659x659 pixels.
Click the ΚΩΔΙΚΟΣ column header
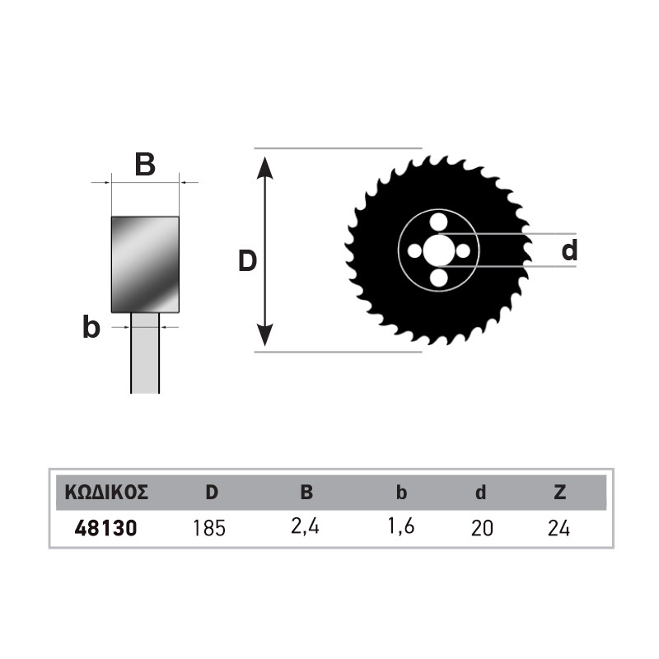(106, 492)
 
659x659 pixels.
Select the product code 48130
(106, 528)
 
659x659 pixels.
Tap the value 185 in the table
(209, 528)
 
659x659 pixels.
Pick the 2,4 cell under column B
(305, 526)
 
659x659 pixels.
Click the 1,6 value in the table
(401, 526)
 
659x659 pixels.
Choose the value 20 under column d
(482, 528)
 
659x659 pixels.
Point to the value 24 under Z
(559, 528)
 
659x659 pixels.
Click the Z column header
(560, 492)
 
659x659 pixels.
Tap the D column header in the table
(212, 492)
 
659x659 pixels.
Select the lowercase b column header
(401, 492)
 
